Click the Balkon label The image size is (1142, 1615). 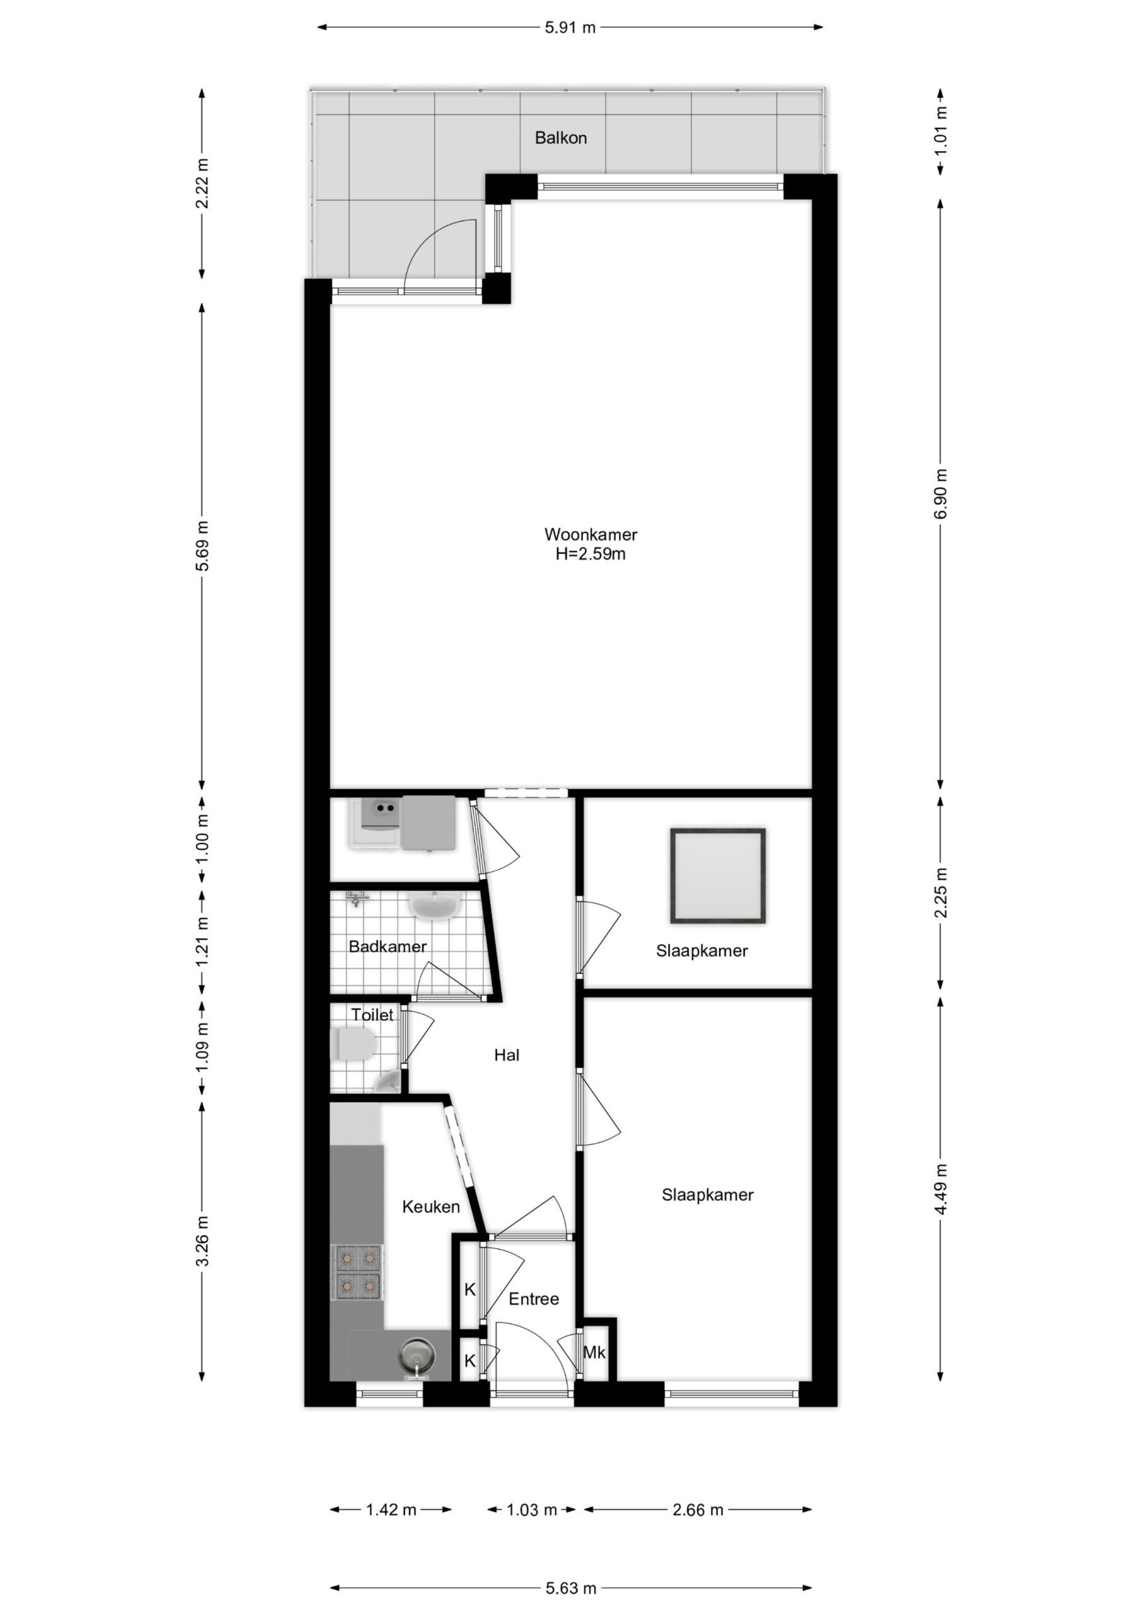click(560, 138)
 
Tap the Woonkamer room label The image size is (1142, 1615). click(591, 534)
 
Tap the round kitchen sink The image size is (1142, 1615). click(416, 1352)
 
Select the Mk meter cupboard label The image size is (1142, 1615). click(594, 1352)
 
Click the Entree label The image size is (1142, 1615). click(533, 1299)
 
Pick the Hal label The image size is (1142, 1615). click(507, 1055)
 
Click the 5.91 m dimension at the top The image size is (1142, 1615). click(570, 28)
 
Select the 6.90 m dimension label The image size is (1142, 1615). click(941, 493)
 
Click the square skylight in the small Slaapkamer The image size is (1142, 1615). click(718, 876)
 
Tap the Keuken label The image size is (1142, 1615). click(431, 1207)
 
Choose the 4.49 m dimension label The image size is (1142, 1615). click(941, 1189)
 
